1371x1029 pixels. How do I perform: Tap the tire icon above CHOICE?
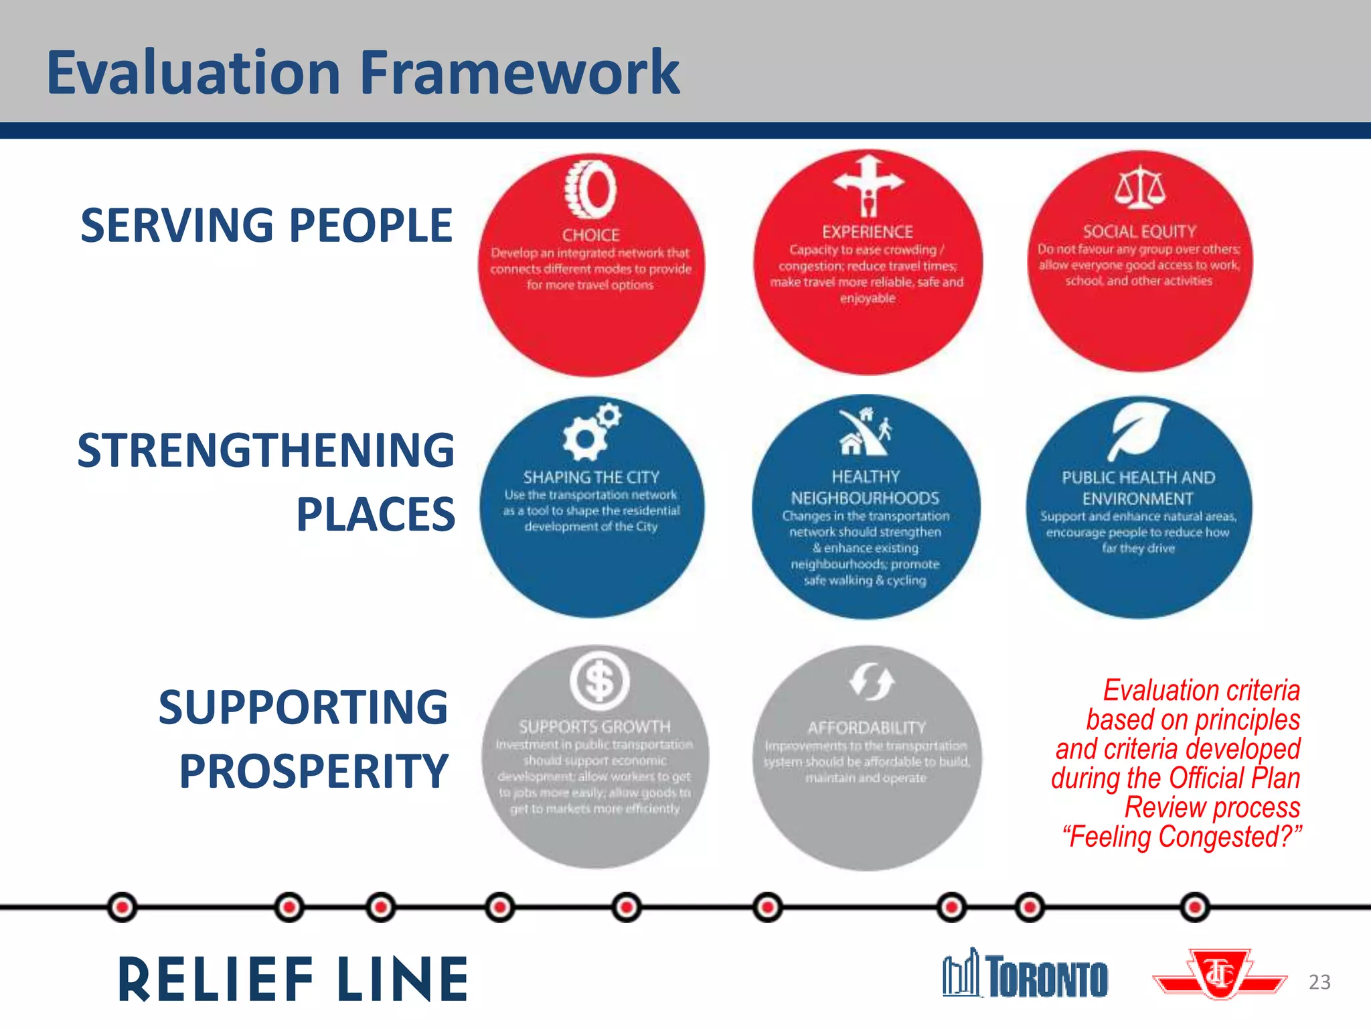pyautogui.click(x=590, y=188)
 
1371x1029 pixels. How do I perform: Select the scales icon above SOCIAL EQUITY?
pyautogui.click(x=1139, y=188)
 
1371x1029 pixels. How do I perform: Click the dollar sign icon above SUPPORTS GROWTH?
pyautogui.click(x=599, y=681)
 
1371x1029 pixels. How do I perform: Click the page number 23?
pyautogui.click(x=1319, y=982)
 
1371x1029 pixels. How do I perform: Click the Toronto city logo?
pyautogui.click(x=1025, y=974)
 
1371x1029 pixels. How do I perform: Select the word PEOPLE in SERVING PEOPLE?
pyautogui.click(x=371, y=225)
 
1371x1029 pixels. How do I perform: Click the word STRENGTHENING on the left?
pyautogui.click(x=266, y=450)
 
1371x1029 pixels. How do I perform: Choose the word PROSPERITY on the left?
pyautogui.click(x=313, y=771)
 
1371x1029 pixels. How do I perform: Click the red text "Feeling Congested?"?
pyautogui.click(x=1182, y=837)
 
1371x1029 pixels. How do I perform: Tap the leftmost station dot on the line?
pyautogui.click(x=122, y=907)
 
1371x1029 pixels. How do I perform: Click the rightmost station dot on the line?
pyautogui.click(x=1195, y=907)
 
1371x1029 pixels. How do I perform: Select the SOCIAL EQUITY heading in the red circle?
pyautogui.click(x=1139, y=232)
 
